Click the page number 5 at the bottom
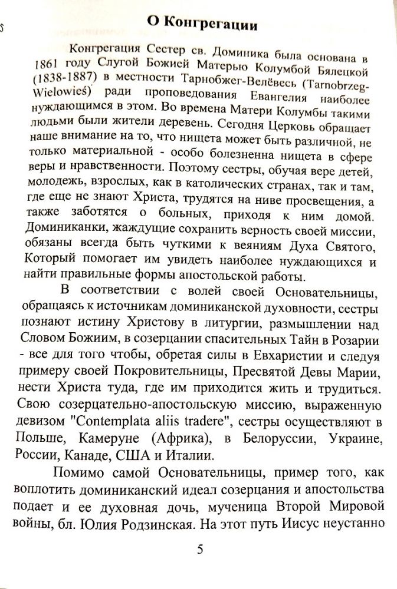pos(199,550)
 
